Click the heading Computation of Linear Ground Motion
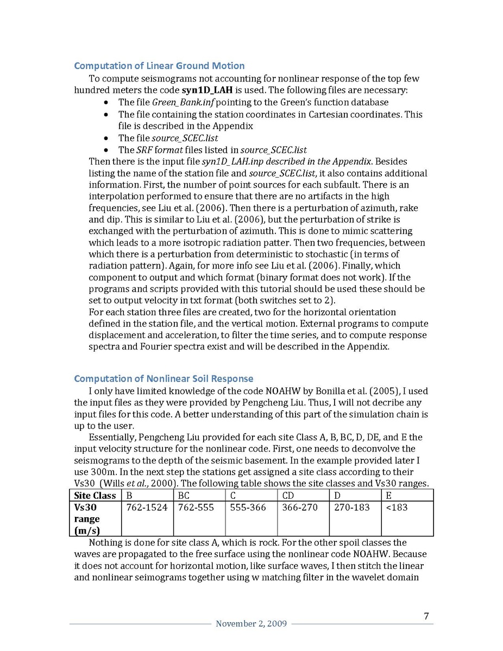pos(159,66)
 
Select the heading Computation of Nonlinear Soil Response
pos(164,378)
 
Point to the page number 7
pos(426,616)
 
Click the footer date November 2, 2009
pos(251,624)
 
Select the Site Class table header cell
pos(96,496)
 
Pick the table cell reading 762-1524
pos(147,508)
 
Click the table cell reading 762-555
pos(197,508)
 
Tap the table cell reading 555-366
pos(249,508)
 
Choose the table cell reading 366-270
pos(300,508)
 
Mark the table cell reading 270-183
pos(351,508)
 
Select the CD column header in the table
pos(288,496)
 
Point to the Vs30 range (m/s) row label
pos(89,518)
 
